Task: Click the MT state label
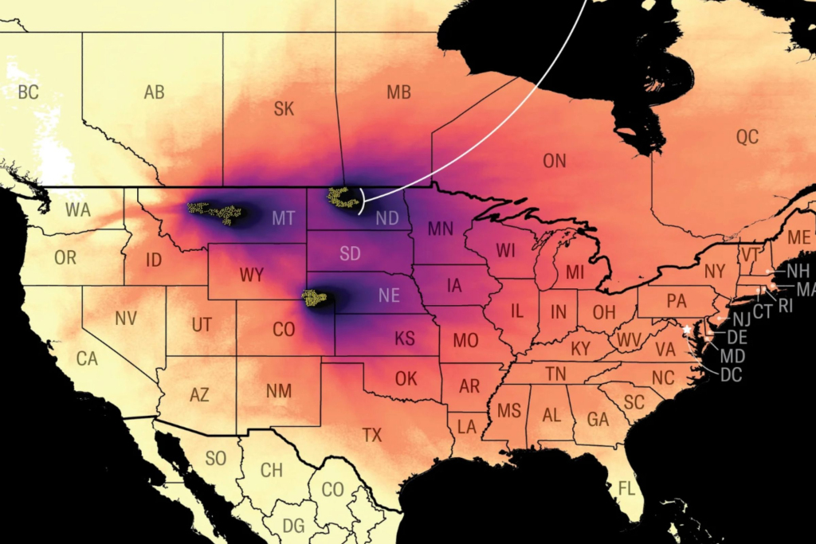[283, 217]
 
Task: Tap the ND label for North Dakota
[386, 217]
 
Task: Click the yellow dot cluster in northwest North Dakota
[343, 197]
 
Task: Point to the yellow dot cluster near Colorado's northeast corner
[314, 298]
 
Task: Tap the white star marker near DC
[687, 329]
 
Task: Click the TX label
[372, 435]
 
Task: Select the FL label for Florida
[626, 487]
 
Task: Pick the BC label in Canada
[28, 92]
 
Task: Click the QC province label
[747, 137]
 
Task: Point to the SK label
[284, 109]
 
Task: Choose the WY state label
[251, 276]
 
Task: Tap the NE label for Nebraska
[389, 295]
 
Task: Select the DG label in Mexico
[293, 526]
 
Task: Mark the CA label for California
[87, 358]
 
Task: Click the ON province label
[554, 162]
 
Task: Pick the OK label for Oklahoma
[406, 378]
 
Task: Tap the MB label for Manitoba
[398, 92]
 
